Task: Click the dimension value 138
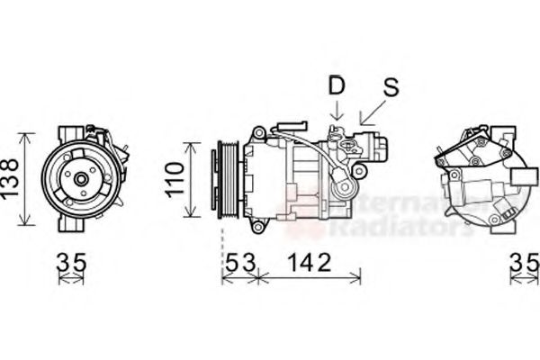pos(12,180)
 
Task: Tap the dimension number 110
pos(172,179)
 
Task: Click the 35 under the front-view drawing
pos(72,263)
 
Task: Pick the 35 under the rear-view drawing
pos(524,263)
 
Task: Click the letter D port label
pos(337,86)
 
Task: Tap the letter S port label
pos(390,86)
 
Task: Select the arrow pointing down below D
pos(337,112)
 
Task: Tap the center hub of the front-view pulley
pos(80,179)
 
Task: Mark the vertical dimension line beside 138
pos(28,180)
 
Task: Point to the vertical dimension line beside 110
pos(190,179)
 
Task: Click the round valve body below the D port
pos(344,189)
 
